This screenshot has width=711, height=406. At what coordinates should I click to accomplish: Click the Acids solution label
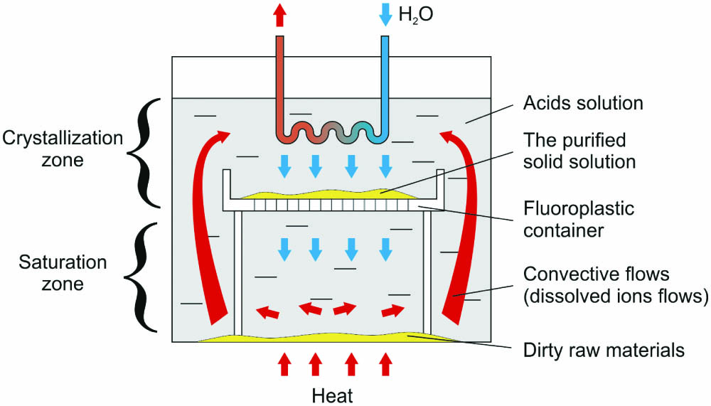(x=583, y=103)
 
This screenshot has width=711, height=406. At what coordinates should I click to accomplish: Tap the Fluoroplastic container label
(x=578, y=220)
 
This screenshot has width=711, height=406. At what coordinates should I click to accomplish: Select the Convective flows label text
(x=615, y=285)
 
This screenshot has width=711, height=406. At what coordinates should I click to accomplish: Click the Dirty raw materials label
(x=603, y=350)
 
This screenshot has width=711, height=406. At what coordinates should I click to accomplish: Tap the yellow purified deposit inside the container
(x=334, y=193)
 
